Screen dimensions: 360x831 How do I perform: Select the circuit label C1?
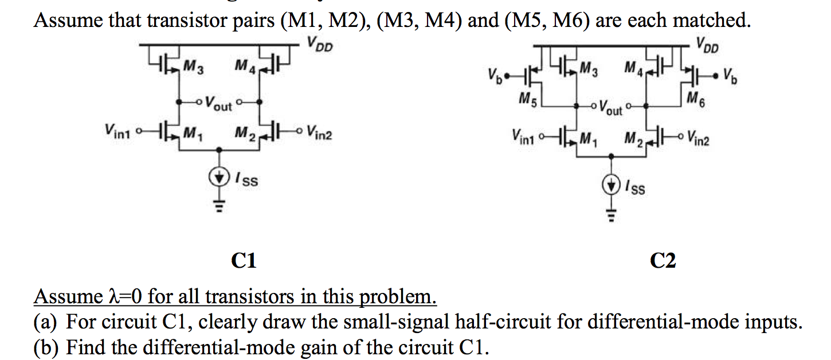[x=243, y=261]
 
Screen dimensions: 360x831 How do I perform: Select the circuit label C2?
[x=663, y=261]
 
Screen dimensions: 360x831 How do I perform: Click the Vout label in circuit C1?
[x=218, y=104]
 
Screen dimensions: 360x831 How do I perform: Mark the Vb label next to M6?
[x=730, y=75]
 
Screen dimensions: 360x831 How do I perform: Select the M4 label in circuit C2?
[x=632, y=70]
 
